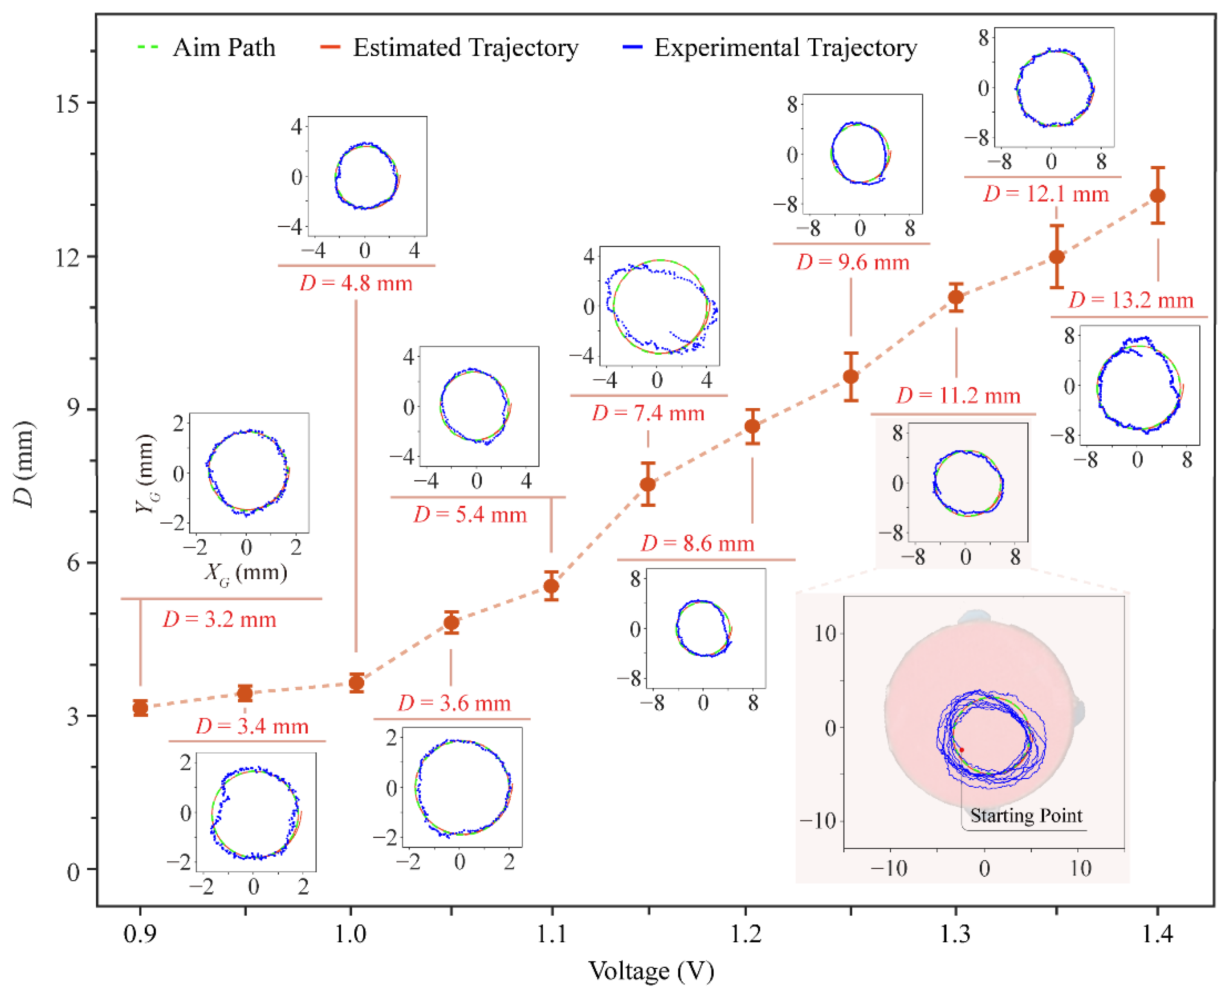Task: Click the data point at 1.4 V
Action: (1157, 196)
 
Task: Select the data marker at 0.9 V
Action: (140, 708)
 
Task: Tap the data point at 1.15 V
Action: (647, 484)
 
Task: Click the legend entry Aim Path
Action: (207, 48)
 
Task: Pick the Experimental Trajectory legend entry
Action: (770, 48)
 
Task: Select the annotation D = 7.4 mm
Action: (648, 413)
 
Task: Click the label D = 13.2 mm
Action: (1131, 300)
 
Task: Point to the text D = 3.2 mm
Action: (220, 619)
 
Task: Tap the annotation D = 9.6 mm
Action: (853, 262)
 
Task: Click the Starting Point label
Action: (1026, 815)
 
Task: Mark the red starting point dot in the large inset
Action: (961, 750)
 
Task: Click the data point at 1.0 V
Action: (356, 683)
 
